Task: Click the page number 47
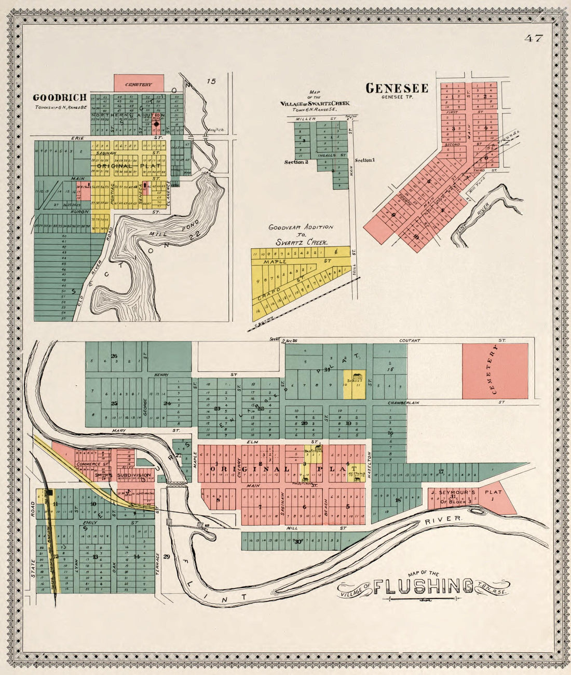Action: [x=533, y=38]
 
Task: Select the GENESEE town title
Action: [x=397, y=88]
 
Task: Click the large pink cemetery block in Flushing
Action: [x=495, y=371]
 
